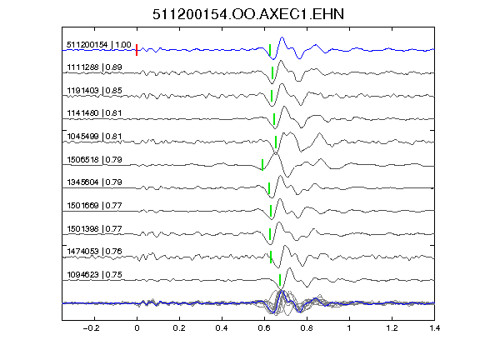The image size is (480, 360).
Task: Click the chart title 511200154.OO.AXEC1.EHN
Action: (x=248, y=14)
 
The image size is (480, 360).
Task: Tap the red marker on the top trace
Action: (x=137, y=50)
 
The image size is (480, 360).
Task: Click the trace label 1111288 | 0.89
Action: (x=94, y=67)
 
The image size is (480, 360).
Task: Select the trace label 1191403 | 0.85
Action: (x=94, y=90)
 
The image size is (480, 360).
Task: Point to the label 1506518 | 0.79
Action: (x=94, y=159)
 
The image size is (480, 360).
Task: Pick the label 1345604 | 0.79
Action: (x=94, y=182)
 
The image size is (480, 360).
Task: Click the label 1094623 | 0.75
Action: (x=94, y=275)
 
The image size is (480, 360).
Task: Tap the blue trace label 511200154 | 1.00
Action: (x=99, y=45)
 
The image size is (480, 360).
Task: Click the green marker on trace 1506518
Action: (x=262, y=165)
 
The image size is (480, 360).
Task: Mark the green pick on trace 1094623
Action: (x=280, y=280)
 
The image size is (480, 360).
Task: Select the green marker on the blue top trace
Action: (x=270, y=50)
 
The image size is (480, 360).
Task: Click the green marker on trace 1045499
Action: (x=276, y=142)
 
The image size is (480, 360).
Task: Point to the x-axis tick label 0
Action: (x=137, y=328)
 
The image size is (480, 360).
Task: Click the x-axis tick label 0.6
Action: (x=264, y=328)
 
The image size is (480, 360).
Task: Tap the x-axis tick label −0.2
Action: (x=92, y=328)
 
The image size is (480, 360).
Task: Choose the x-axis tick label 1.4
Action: (x=434, y=328)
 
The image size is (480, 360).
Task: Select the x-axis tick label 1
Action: (x=349, y=328)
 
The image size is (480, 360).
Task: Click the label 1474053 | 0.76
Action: (x=94, y=252)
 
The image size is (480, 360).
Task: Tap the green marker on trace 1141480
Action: (x=274, y=119)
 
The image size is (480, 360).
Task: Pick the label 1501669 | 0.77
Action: (x=94, y=205)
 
